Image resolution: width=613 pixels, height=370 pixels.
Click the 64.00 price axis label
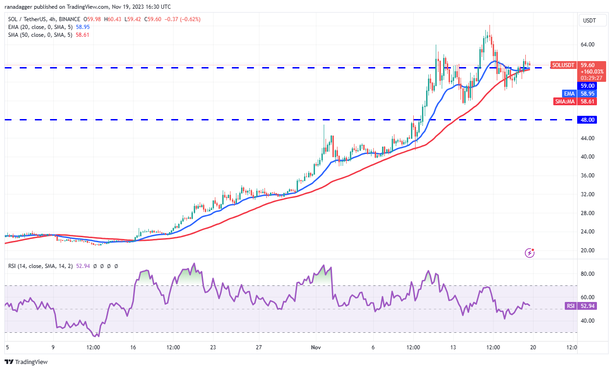coord(587,45)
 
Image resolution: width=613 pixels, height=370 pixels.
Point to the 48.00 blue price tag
coord(588,120)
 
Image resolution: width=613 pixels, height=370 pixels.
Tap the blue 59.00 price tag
coord(588,85)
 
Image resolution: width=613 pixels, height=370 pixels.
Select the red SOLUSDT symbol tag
coord(563,65)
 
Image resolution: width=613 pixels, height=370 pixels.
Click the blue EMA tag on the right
coord(569,93)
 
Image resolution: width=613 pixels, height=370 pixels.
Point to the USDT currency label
coord(589,20)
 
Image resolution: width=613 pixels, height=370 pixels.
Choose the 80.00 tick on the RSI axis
coord(587,274)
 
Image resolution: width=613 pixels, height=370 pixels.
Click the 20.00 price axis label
coord(587,250)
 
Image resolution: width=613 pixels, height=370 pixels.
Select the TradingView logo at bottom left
coord(27,362)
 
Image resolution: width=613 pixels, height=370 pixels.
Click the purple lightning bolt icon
coord(530,252)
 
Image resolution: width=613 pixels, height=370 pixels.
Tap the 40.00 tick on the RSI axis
coord(587,321)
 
